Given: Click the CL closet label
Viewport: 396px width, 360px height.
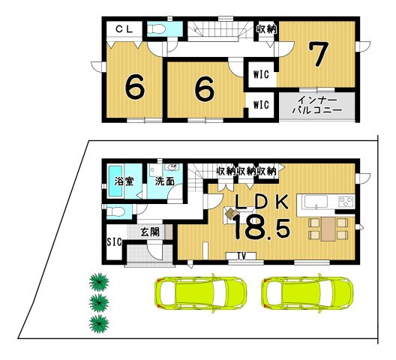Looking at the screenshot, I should point(124,29).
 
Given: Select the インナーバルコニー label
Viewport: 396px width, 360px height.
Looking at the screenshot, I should point(316,104).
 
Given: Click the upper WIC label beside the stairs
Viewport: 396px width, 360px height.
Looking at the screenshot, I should point(261,73).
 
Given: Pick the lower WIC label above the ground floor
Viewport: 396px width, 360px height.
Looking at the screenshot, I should point(261,104).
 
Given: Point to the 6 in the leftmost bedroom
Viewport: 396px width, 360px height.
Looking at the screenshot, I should point(135,88).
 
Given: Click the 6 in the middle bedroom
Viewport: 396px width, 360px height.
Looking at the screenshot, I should point(202,88).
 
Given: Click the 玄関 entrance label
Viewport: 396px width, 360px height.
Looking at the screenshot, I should point(149,232).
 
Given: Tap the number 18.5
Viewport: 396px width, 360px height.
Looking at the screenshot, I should point(261,228).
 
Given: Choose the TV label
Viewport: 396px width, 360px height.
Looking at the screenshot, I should point(241,256).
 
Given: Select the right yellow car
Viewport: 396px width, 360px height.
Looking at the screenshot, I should point(309,293).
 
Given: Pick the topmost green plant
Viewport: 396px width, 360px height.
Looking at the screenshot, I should point(97,282).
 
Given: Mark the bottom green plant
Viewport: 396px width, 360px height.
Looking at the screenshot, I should point(97,324).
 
